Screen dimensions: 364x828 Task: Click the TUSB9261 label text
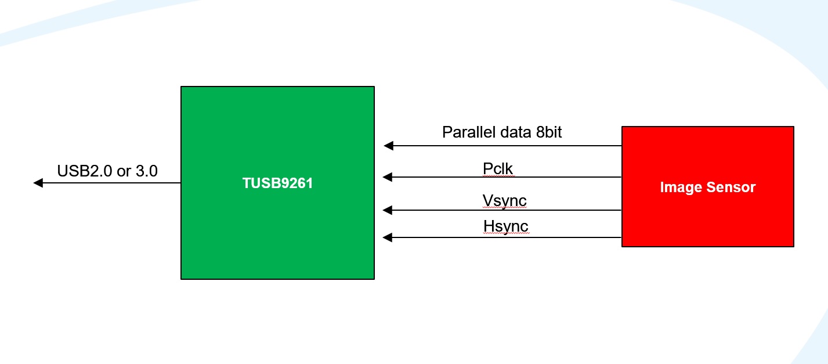click(277, 183)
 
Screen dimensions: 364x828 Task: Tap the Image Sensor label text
click(708, 187)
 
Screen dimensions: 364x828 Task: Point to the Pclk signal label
click(498, 168)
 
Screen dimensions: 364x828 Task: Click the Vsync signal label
click(504, 201)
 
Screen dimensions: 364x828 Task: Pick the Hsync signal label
click(505, 226)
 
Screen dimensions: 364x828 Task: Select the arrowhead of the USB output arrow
click(38, 183)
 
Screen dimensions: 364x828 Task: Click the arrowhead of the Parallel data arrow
click(389, 146)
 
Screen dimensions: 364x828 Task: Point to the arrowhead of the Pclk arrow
click(389, 177)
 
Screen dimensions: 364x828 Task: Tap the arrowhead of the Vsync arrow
click(389, 210)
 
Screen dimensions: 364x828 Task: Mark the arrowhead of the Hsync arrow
click(389, 237)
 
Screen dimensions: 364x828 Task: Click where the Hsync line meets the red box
click(621, 237)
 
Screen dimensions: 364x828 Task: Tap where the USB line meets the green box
click(181, 183)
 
